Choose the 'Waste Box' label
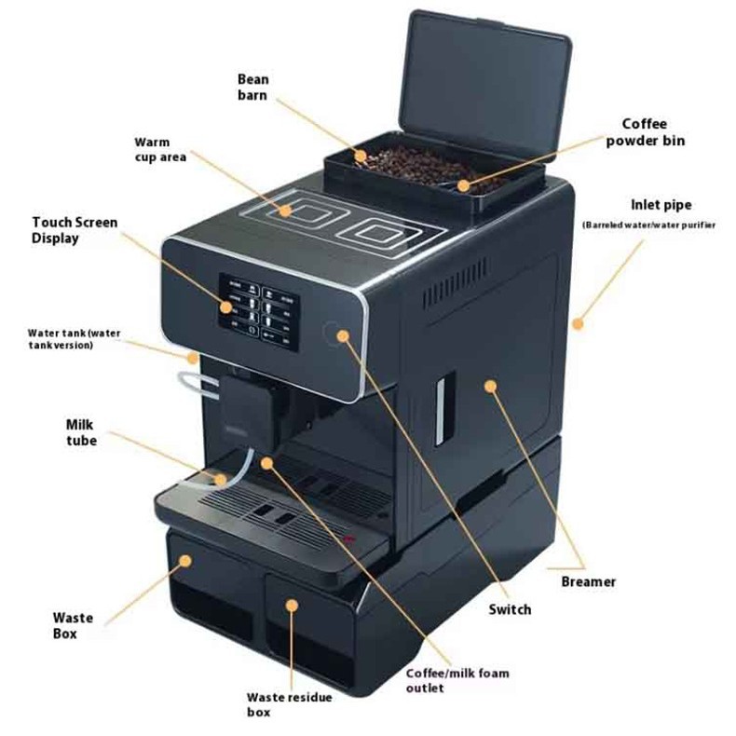[x=73, y=625]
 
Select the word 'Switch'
[x=510, y=609]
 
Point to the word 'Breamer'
[x=588, y=581]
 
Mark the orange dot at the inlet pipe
[x=578, y=324]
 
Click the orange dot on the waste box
[x=186, y=561]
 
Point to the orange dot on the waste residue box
[x=293, y=605]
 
